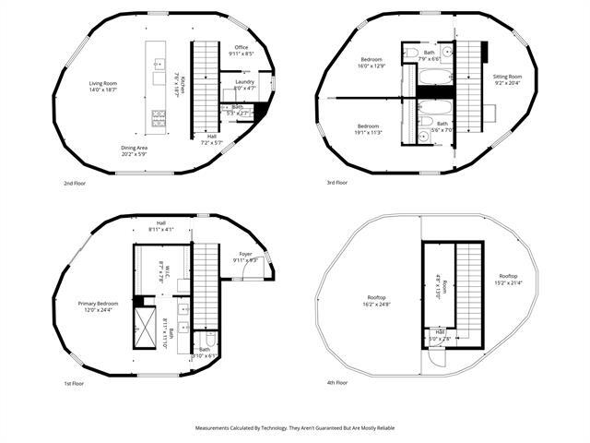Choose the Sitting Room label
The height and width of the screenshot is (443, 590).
point(507,80)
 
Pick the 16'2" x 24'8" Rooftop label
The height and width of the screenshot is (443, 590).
point(375,301)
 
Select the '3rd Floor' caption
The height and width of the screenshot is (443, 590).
point(336,183)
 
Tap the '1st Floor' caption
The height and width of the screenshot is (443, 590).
point(75,382)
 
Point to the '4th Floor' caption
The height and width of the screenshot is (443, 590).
point(336,382)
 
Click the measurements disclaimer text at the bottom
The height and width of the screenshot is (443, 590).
point(294,428)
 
